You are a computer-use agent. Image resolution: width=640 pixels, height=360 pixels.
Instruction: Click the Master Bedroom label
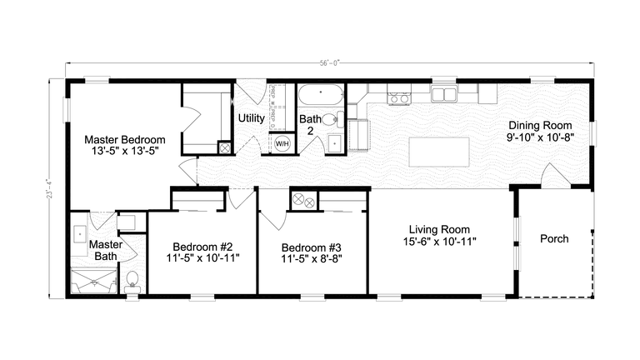point(124,139)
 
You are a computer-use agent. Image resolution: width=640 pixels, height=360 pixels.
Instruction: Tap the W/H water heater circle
point(283,143)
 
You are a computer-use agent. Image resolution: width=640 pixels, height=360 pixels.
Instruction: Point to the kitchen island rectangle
point(438,152)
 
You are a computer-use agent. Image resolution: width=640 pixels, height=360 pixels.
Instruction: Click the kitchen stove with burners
point(399,98)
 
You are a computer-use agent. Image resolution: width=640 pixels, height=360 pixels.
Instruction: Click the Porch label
point(554,239)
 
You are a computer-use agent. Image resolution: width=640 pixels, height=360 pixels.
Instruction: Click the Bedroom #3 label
point(311,247)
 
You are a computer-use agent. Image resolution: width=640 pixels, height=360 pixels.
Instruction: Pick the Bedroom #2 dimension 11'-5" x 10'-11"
point(202,258)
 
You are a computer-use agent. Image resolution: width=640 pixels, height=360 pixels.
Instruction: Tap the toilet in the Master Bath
point(132,279)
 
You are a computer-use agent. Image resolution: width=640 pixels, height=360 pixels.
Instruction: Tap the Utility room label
point(252,118)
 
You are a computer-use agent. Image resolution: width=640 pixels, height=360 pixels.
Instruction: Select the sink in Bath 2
point(335,142)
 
